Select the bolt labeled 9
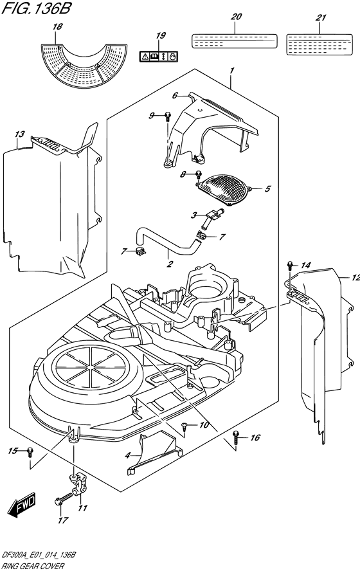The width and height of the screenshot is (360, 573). coord(167,116)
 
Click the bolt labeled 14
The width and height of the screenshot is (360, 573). coord(290,265)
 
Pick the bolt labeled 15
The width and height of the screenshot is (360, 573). coord(30,452)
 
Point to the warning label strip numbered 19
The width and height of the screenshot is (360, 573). coord(159,57)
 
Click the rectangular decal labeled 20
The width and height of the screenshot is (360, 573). coord(235,41)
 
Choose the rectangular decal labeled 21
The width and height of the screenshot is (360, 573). coord(319,44)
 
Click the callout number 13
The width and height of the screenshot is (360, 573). coord(19,134)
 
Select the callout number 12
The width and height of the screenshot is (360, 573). coord(355,277)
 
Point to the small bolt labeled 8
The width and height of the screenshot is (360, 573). coord(199,175)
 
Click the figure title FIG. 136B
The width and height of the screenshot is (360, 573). coord(37,8)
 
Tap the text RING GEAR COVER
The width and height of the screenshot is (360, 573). coord(28,566)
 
